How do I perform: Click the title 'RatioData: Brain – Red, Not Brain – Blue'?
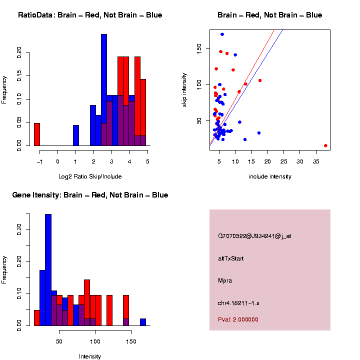coord(90,15)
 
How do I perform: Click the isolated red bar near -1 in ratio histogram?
coord(37,134)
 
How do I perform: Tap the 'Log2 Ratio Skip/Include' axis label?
coord(89,176)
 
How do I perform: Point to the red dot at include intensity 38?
coord(325,145)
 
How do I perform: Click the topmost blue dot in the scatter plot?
coord(222,34)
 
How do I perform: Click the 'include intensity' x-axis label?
coord(270,176)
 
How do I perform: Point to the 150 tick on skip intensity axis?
coord(199,48)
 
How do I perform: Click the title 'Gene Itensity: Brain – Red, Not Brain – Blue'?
coord(90,195)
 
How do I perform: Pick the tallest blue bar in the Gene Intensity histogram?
coord(48,270)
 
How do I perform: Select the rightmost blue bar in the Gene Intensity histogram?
coord(143,322)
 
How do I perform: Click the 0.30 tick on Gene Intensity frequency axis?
coord(19,229)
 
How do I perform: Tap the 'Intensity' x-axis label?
coord(90,356)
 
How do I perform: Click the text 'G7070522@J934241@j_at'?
coord(254,236)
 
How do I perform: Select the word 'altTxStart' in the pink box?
coord(230,258)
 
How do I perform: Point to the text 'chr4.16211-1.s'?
coord(238,303)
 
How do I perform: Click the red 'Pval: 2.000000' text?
coord(238,319)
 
